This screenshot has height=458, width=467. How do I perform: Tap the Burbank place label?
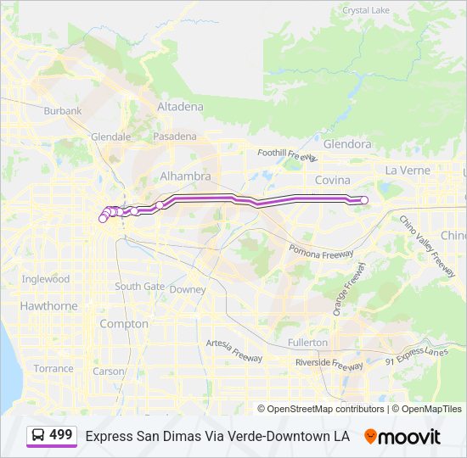pyautogui.click(x=63, y=111)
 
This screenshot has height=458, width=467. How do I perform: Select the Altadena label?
pyautogui.click(x=180, y=107)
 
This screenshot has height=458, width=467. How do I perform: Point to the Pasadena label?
pyautogui.click(x=174, y=137)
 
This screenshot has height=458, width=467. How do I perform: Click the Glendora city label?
pyautogui.click(x=347, y=144)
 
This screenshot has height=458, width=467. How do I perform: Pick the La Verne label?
pyautogui.click(x=408, y=170)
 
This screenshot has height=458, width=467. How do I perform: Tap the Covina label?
pyautogui.click(x=332, y=180)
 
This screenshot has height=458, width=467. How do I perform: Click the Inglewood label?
pyautogui.click(x=46, y=279)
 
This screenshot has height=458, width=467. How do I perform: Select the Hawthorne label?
pyautogui.click(x=48, y=306)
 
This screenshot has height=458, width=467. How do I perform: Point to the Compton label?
pyautogui.click(x=124, y=324)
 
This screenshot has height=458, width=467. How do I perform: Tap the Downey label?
pyautogui.click(x=187, y=289)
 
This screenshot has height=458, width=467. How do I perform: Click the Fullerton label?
pyautogui.click(x=307, y=343)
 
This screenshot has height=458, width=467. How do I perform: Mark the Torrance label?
pyautogui.click(x=53, y=369)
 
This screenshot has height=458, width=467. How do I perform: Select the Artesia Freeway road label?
pyautogui.click(x=235, y=349)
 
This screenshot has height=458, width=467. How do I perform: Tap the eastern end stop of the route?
pyautogui.click(x=364, y=200)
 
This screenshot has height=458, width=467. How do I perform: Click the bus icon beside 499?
pyautogui.click(x=39, y=435)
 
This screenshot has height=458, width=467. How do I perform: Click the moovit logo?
pyautogui.click(x=402, y=437)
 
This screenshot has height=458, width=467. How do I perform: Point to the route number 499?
pyautogui.click(x=60, y=435)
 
